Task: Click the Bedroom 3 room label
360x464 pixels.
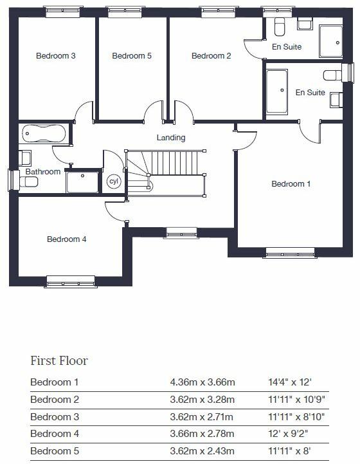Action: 56,56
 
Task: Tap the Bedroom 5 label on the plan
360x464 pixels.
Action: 132,56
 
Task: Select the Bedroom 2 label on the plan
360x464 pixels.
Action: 212,56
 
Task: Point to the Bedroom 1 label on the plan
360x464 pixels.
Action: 291,184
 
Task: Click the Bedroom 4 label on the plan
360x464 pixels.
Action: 67,239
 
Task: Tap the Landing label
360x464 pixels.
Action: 171,138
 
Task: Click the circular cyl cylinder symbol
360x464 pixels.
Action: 114,181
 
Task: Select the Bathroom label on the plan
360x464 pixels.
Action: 43,172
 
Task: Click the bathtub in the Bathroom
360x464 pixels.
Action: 44,134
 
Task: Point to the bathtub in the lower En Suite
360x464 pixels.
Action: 278,91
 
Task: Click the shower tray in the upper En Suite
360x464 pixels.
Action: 332,41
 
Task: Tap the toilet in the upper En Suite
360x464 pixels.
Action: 280,27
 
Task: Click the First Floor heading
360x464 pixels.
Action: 59,360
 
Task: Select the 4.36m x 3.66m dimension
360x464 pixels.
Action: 203,382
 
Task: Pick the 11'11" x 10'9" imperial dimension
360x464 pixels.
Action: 296,400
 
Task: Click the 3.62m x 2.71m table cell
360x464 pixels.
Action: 203,417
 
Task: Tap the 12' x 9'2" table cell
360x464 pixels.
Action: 288,434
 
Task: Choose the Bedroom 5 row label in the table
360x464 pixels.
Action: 55,452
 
